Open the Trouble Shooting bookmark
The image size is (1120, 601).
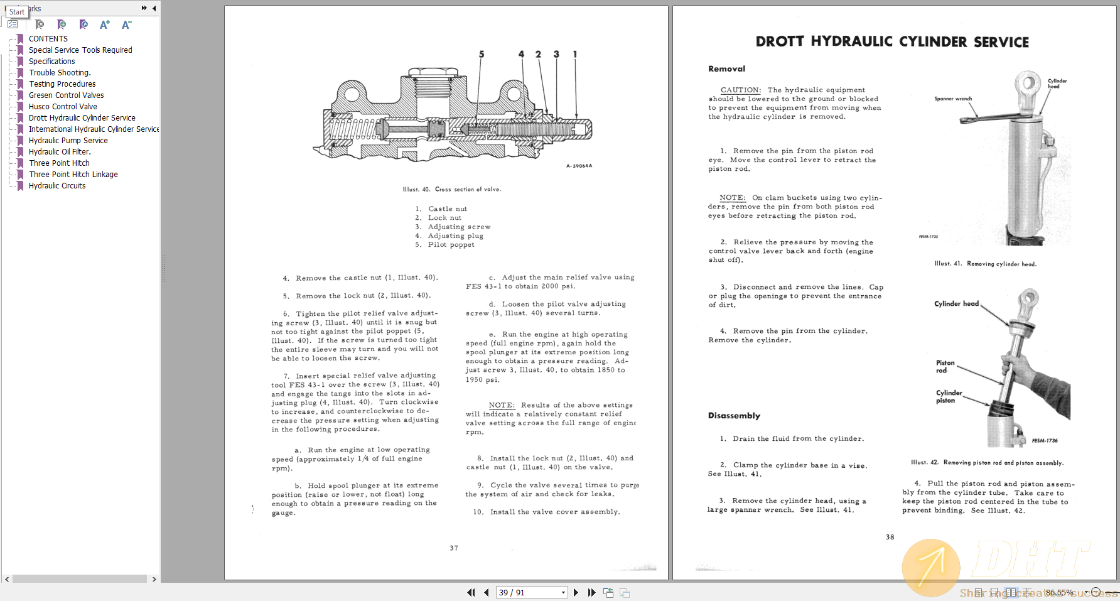click(x=60, y=73)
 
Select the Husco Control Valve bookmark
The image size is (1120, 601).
click(x=63, y=107)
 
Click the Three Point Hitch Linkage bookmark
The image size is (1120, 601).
click(x=73, y=175)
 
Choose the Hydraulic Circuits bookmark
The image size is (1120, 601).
click(x=57, y=186)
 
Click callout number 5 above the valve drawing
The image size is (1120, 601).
click(x=482, y=55)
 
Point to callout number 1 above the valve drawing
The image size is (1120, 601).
click(x=575, y=55)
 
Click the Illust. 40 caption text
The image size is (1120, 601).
click(x=451, y=189)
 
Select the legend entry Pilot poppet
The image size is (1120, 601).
click(x=451, y=245)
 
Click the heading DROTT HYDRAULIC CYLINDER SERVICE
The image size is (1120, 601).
click(x=892, y=42)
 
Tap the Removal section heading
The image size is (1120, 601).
click(x=726, y=69)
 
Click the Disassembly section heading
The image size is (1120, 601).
click(x=734, y=416)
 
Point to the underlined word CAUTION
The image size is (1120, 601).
click(x=740, y=90)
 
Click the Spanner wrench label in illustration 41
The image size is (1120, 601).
click(x=952, y=99)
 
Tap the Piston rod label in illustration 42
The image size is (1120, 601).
click(x=945, y=367)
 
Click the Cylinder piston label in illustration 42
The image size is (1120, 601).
click(x=949, y=396)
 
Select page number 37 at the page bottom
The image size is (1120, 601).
click(x=453, y=548)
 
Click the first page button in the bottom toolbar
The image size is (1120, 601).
click(x=471, y=592)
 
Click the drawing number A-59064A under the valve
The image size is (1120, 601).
click(x=579, y=166)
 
